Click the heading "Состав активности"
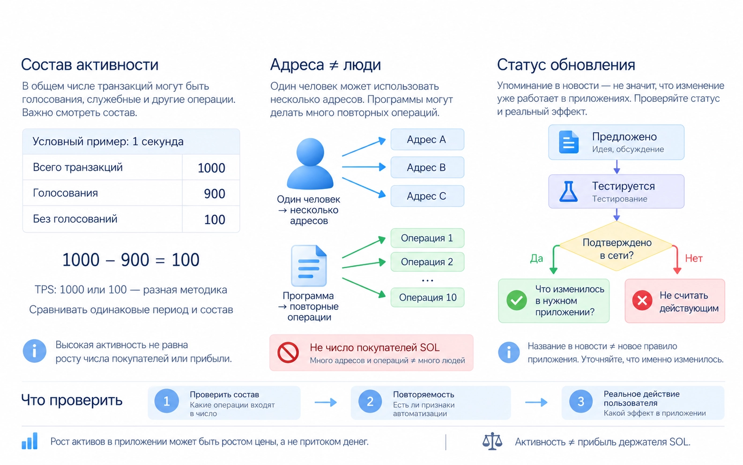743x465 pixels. tap(89, 64)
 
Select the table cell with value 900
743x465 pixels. tap(211, 193)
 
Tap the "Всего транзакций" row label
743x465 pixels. tap(78, 167)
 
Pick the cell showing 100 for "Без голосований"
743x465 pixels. tap(211, 219)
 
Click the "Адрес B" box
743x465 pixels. tap(427, 168)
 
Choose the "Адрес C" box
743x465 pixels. tap(427, 196)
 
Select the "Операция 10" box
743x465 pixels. tap(427, 297)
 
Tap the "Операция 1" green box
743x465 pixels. tap(427, 238)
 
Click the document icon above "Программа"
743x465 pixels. tap(309, 265)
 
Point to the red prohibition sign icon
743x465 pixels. tap(288, 352)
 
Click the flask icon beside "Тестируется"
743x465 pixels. tap(569, 192)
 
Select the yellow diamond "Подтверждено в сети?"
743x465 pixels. tap(617, 246)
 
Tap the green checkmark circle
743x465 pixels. tap(517, 300)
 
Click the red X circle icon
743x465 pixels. tap(642, 300)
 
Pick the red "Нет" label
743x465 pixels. tap(694, 258)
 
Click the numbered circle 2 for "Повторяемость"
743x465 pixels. tap(370, 401)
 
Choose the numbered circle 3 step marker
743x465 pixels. tap(581, 401)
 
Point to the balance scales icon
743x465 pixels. tap(492, 441)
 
